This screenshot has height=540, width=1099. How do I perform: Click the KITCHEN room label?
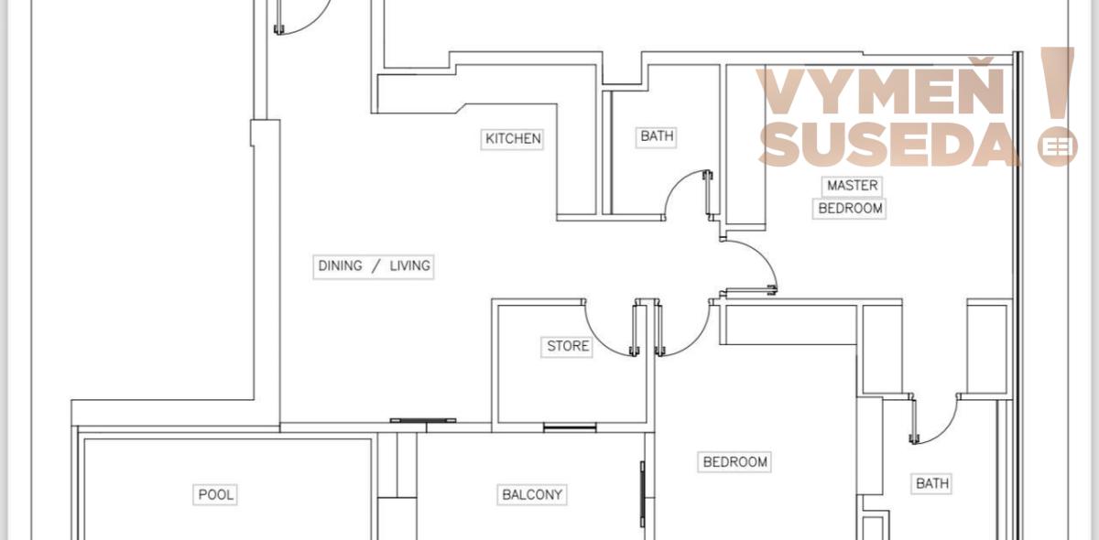coord(513,139)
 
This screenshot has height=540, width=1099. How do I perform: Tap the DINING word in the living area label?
coord(340,265)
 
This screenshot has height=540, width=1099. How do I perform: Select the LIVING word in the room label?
coord(409,265)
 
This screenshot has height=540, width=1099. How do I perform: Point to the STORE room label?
coord(568,346)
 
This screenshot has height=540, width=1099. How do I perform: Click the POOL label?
coord(215,495)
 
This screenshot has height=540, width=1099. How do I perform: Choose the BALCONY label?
coord(532,495)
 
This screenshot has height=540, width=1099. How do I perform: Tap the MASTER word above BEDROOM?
coord(853,186)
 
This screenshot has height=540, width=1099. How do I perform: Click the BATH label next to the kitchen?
coord(657,135)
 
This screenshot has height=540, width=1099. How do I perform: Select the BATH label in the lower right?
coord(932,483)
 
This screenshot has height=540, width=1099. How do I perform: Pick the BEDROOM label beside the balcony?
coord(734,462)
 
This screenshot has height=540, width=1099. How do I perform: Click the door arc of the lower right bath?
coord(945,431)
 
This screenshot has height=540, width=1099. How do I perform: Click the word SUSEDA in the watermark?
coord(889,145)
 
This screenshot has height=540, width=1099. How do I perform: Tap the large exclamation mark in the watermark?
coord(1058,84)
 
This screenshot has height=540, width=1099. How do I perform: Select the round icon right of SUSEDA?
coord(1057,146)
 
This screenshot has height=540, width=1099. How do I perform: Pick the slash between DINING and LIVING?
coord(375,265)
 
